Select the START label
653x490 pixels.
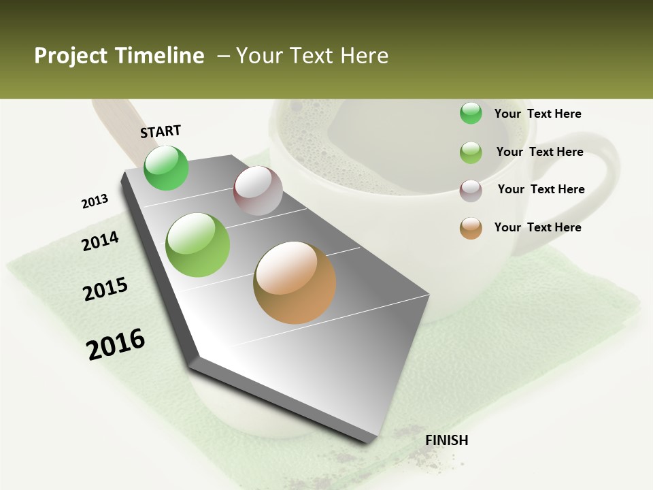pyautogui.click(x=161, y=131)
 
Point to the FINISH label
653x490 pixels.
pyautogui.click(x=447, y=440)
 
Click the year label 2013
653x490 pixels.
pyautogui.click(x=95, y=201)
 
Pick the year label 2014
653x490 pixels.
pyautogui.click(x=100, y=242)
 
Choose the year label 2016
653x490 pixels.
pyautogui.click(x=116, y=344)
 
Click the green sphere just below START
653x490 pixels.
pyautogui.click(x=167, y=168)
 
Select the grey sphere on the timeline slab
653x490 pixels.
pyautogui.click(x=258, y=191)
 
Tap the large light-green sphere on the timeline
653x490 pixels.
pyautogui.click(x=198, y=245)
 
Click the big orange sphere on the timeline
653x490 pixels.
pyautogui.click(x=295, y=282)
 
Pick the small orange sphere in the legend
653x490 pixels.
pyautogui.click(x=471, y=228)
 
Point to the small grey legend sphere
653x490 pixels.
pyautogui.click(x=471, y=191)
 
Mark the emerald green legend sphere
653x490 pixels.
pyautogui.click(x=471, y=113)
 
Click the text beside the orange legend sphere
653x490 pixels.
pyautogui.click(x=537, y=227)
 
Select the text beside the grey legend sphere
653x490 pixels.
pyautogui.click(x=541, y=189)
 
